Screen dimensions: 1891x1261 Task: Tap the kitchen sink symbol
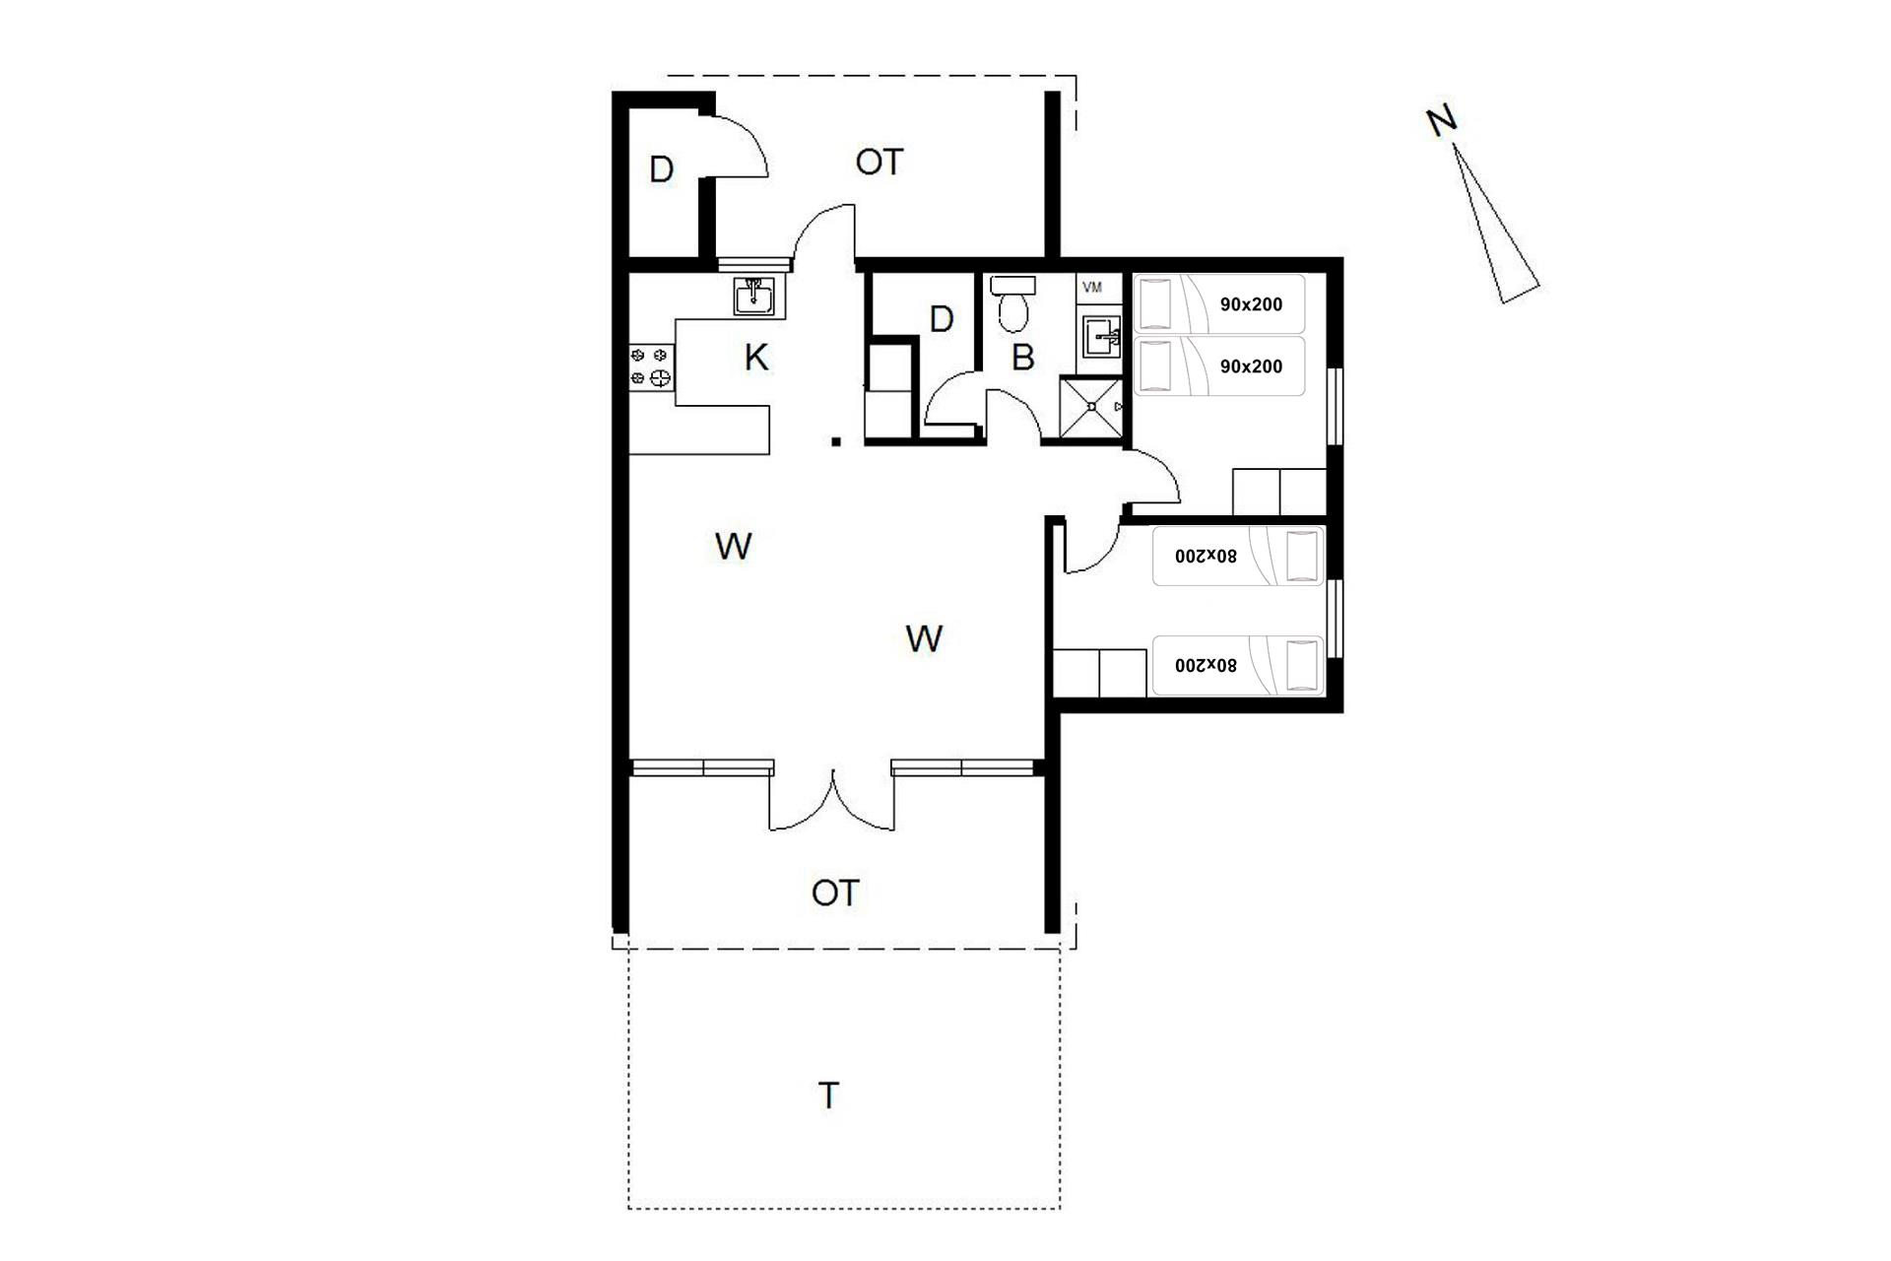[754, 296]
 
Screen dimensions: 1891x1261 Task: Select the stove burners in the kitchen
[651, 365]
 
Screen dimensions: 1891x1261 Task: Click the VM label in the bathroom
[1092, 288]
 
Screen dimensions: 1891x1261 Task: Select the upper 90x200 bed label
[1251, 304]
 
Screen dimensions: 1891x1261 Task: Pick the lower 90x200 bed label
[1251, 366]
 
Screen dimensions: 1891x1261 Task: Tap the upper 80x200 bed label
[1206, 556]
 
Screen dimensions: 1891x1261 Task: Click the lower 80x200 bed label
[1206, 665]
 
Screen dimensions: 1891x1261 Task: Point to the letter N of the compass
[1441, 121]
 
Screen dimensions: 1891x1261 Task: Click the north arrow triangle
[1495, 225]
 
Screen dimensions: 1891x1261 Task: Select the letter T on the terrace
[829, 1095]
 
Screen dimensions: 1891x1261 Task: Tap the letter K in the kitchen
[756, 358]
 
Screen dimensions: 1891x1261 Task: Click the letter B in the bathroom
[1023, 357]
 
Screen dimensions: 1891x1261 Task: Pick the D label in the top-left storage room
[662, 169]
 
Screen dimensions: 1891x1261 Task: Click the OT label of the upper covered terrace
[879, 162]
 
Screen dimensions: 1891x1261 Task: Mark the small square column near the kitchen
[836, 441]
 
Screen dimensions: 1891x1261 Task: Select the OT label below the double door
[835, 893]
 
